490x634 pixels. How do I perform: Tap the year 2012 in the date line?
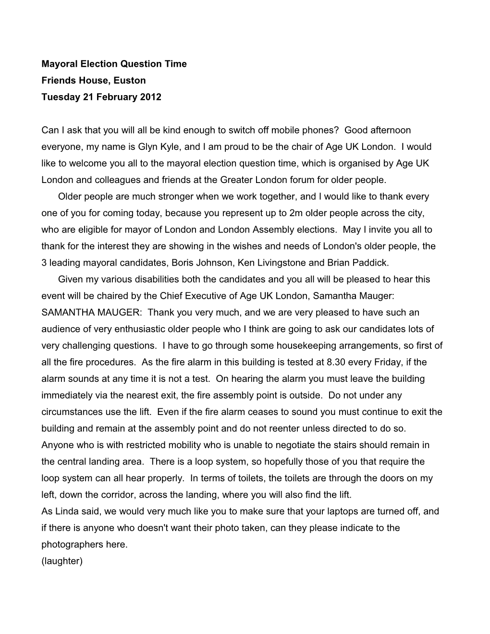(151, 97)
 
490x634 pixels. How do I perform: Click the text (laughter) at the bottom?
(62, 561)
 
